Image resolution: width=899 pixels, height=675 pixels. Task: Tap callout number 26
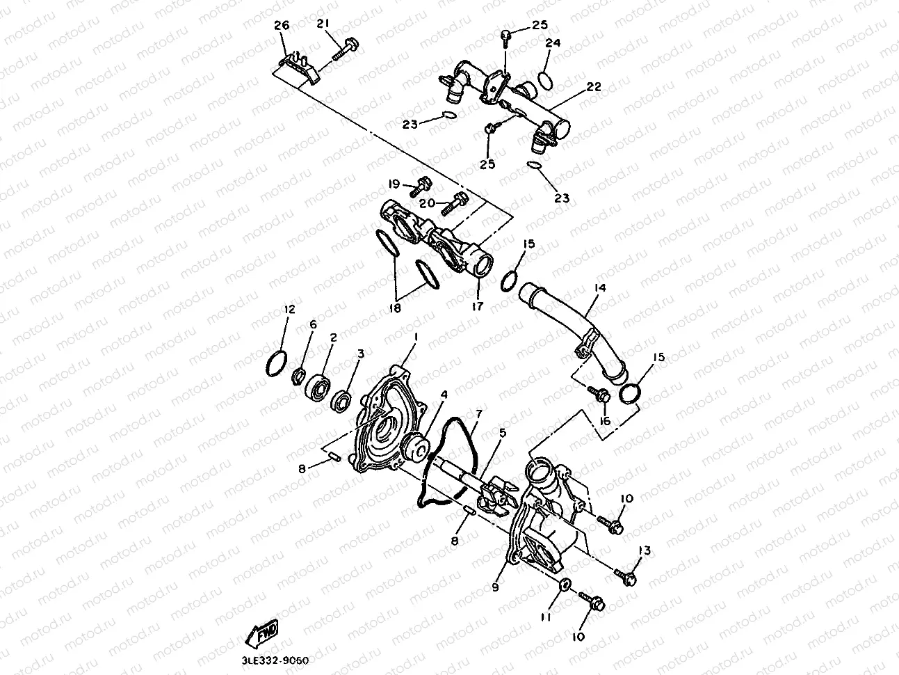282,25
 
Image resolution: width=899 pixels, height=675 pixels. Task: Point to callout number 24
552,43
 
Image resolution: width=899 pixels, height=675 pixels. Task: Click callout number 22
593,87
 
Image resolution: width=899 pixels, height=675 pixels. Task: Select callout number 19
394,184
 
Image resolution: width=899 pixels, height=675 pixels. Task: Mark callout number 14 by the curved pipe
599,288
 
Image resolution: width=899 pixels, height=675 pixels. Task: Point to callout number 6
312,324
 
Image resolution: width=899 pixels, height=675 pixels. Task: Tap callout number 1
415,337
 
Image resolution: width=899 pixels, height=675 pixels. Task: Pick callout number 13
644,551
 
